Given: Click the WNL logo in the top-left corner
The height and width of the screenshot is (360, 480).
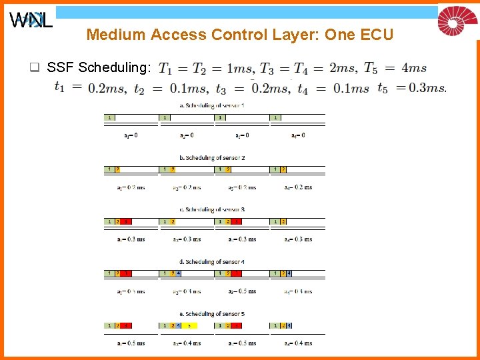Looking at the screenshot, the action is [31, 21].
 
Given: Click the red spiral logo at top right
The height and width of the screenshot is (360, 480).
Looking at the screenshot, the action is [457, 21].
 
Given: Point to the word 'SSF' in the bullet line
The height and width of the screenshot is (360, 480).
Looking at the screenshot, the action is [60, 67].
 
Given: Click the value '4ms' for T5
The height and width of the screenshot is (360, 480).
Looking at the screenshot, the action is [414, 68].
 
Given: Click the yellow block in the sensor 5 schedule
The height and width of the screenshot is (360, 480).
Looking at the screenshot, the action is [190, 325].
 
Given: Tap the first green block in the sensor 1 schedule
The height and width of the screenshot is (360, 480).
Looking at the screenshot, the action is [109, 117].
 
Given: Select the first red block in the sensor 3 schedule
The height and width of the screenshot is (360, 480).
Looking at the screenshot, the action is [126, 221].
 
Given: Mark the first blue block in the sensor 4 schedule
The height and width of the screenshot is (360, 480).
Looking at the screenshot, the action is [179, 273].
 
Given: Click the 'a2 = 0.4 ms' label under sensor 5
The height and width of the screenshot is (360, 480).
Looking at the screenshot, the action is [187, 343].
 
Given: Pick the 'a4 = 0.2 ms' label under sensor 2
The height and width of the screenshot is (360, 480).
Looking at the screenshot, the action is [298, 187].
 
